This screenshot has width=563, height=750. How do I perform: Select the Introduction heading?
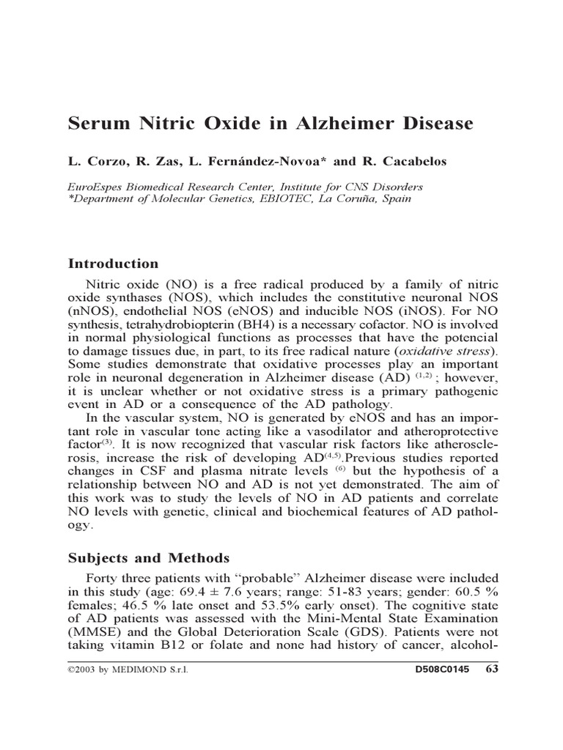coord(113,264)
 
